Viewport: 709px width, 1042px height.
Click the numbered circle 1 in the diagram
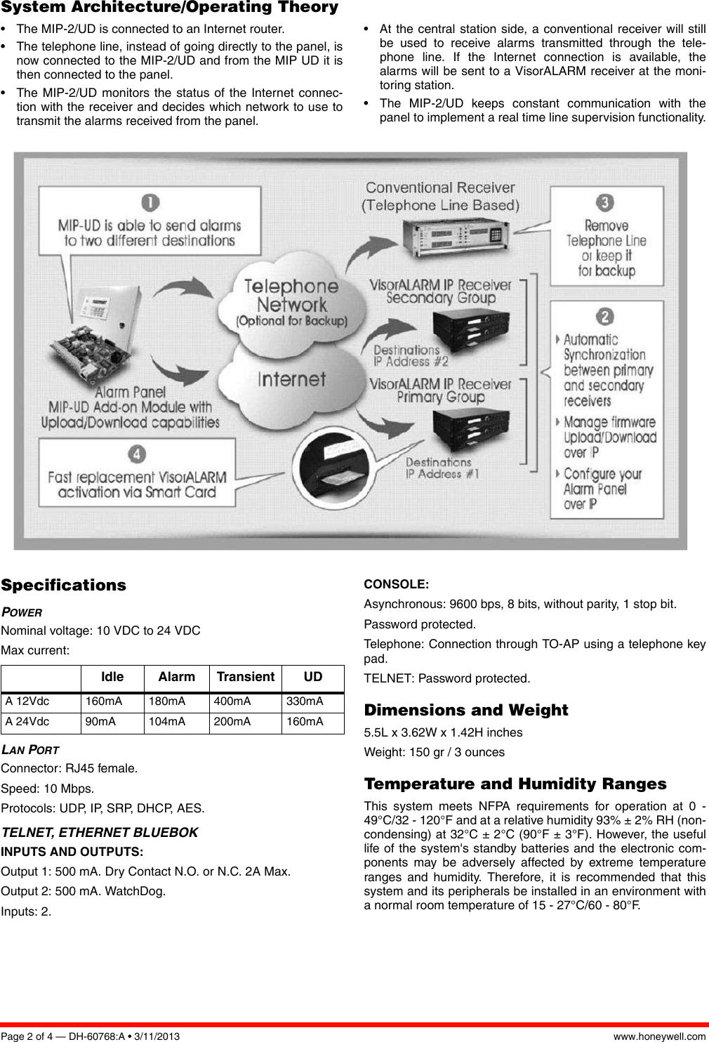(x=150, y=204)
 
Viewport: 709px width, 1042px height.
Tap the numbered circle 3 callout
(x=604, y=204)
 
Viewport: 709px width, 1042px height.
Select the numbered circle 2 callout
(x=605, y=317)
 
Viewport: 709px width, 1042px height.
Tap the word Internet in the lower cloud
(x=292, y=380)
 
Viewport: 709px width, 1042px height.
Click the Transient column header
(x=245, y=677)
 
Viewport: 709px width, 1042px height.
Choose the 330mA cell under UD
(x=305, y=701)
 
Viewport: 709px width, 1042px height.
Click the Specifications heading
(x=64, y=586)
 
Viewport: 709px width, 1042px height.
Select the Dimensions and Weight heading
(x=466, y=711)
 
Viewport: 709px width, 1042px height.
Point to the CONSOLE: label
(x=396, y=584)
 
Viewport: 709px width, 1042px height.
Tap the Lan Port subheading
(x=30, y=750)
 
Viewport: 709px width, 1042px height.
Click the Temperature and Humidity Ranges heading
(x=515, y=784)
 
